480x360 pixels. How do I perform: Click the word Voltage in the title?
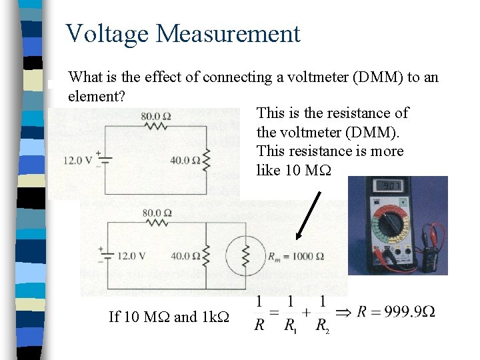coord(109,33)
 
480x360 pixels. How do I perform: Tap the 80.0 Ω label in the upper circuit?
coord(156,116)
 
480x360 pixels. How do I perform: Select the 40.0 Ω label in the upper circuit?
coord(186,160)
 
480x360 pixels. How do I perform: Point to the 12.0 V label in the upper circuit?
coord(77,160)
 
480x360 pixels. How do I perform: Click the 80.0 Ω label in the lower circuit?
coord(157,213)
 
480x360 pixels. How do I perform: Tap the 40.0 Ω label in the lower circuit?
coord(185,255)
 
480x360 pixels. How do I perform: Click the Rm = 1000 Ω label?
coord(295,256)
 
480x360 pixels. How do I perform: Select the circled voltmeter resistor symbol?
coord(245,256)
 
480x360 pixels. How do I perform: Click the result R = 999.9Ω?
coord(396,312)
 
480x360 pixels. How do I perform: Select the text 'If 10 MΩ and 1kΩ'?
coord(169,317)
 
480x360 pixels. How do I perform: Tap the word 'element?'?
coord(97,97)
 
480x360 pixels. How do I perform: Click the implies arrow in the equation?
coord(344,312)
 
